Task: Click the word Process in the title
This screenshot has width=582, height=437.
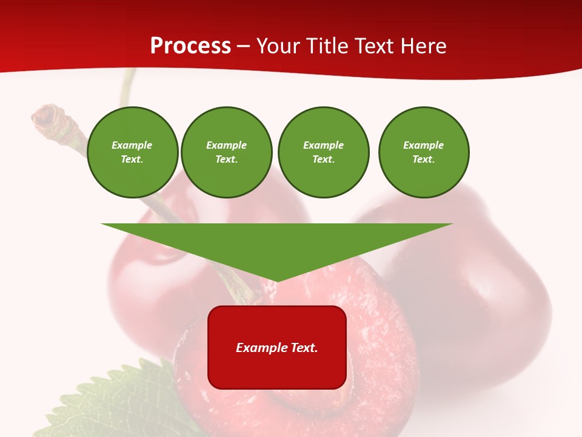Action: (190, 46)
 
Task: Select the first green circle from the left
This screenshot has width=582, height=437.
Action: (133, 152)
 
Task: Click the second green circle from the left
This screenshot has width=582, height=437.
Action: (227, 152)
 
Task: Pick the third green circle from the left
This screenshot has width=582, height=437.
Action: (324, 152)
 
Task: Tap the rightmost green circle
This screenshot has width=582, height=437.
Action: (424, 152)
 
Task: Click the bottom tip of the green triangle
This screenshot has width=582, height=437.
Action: (277, 280)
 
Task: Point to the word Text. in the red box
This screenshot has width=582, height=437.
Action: (303, 348)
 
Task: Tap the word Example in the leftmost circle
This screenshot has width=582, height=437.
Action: (132, 145)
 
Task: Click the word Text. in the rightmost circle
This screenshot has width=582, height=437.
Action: (424, 160)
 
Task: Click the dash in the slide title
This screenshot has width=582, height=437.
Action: (244, 47)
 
